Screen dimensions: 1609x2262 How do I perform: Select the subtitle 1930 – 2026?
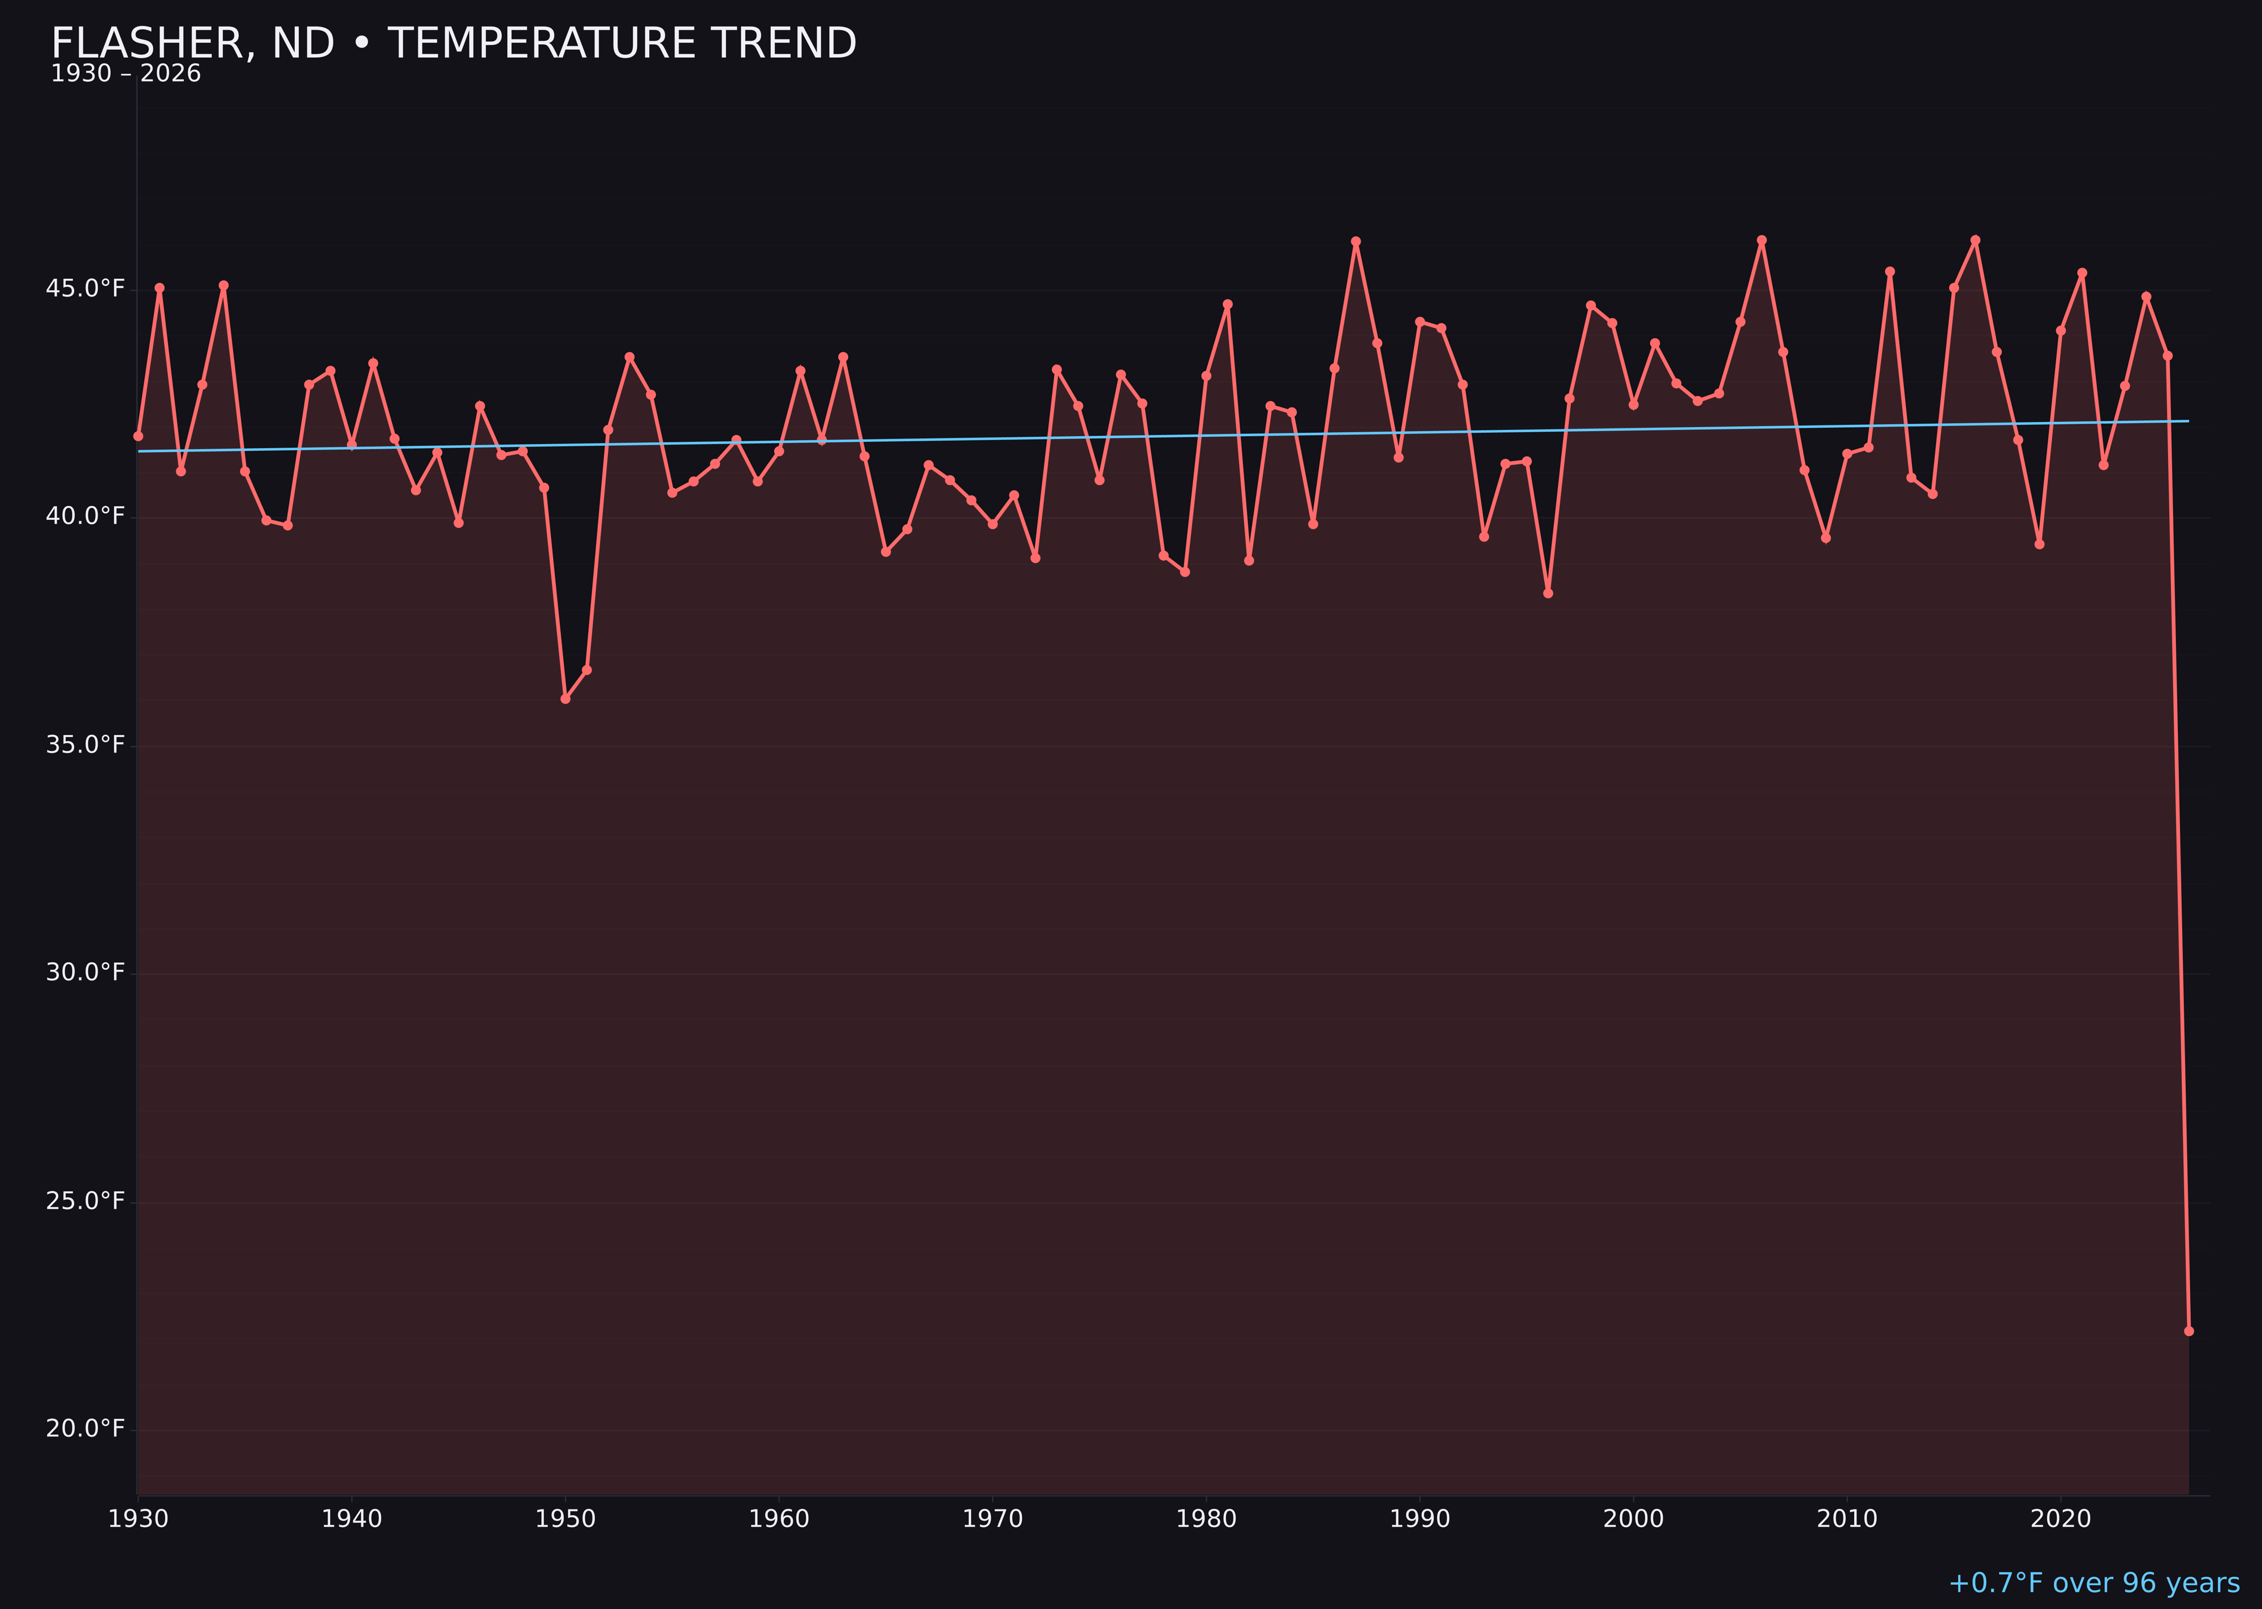(x=126, y=74)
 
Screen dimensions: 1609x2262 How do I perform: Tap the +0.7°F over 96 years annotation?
(x=2093, y=1582)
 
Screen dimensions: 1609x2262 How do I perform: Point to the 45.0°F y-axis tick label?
(x=85, y=289)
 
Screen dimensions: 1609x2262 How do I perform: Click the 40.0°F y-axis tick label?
(x=85, y=516)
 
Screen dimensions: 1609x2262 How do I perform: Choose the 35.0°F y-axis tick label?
(x=85, y=744)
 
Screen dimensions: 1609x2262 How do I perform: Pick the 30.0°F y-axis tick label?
(x=85, y=972)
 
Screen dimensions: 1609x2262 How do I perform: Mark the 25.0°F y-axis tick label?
(x=85, y=1201)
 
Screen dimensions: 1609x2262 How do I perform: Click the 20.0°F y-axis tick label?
(x=85, y=1429)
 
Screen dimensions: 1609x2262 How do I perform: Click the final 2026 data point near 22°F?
(x=2188, y=1331)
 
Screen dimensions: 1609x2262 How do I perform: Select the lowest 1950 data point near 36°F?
(x=565, y=699)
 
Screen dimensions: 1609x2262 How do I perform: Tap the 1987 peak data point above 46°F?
(x=1356, y=242)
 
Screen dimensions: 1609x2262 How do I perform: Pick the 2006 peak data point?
(x=1762, y=240)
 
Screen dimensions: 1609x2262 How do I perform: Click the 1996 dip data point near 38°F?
(x=1548, y=592)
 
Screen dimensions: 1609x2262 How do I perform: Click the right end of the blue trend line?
(x=2188, y=421)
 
